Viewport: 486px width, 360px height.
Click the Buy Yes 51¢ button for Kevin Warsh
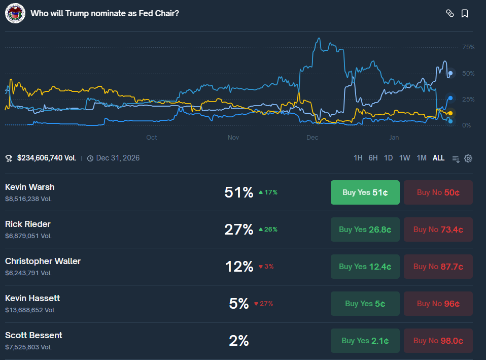click(365, 192)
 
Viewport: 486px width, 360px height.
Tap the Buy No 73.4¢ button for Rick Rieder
click(438, 230)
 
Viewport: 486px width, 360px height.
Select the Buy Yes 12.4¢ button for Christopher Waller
click(365, 267)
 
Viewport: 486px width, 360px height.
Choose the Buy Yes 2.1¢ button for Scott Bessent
click(365, 341)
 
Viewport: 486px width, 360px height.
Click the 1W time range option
click(404, 158)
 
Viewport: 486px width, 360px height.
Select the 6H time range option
click(373, 158)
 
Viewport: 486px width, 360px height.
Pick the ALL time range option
click(438, 158)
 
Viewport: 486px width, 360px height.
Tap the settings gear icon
click(468, 158)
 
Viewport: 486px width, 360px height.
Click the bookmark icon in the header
click(465, 14)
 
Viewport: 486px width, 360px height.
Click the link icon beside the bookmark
click(449, 14)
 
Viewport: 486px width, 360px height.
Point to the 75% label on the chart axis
click(468, 47)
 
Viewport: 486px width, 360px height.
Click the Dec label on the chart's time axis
click(312, 138)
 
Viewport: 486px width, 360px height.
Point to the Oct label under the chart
click(151, 138)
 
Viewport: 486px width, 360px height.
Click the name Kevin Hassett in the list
click(32, 298)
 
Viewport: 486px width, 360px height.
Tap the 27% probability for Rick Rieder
click(238, 230)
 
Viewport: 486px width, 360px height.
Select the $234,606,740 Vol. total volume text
click(47, 158)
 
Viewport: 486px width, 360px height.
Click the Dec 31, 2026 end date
click(118, 158)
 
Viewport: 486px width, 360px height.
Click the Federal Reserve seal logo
click(15, 14)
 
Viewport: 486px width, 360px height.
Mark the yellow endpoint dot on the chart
click(450, 113)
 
